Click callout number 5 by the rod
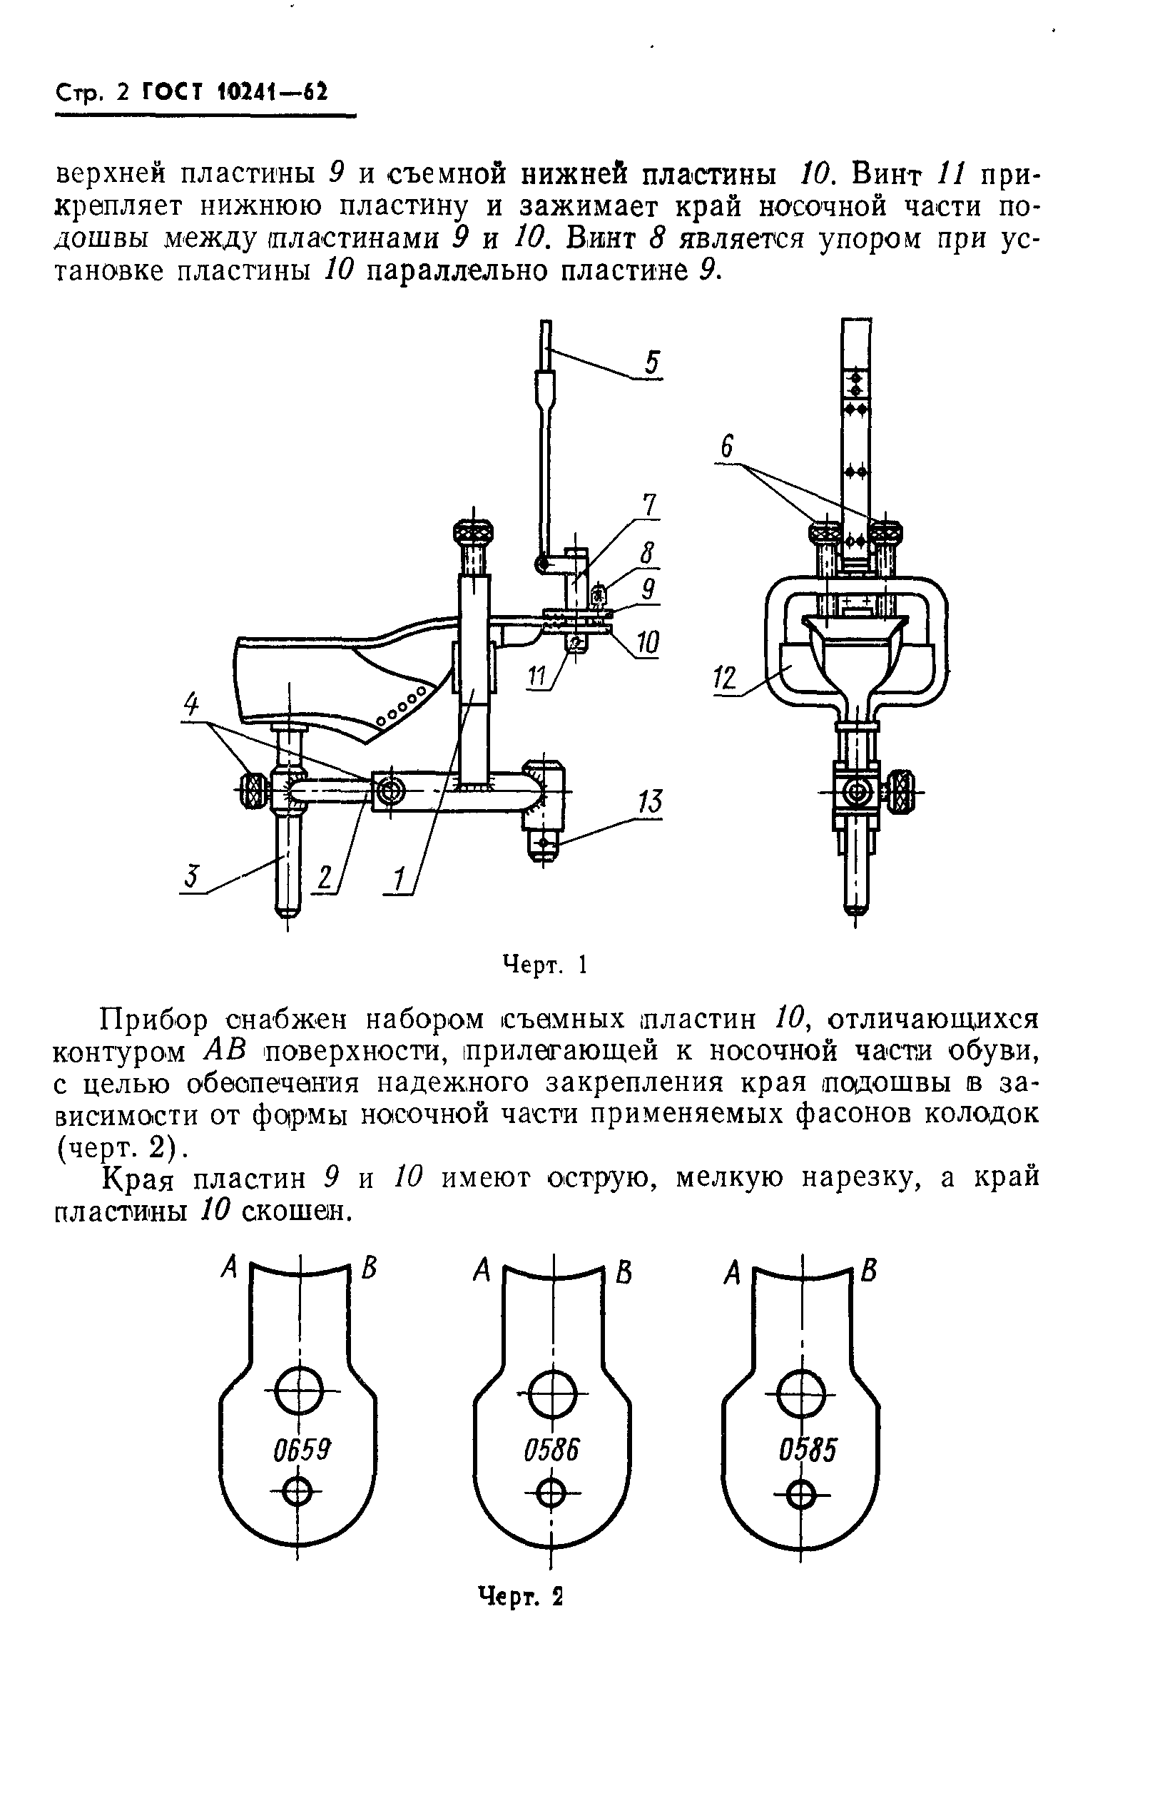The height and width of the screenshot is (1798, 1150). tap(652, 364)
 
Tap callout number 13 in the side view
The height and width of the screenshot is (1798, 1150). tap(650, 803)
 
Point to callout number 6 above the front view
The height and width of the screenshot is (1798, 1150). tap(726, 447)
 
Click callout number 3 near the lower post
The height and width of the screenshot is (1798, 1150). tap(193, 875)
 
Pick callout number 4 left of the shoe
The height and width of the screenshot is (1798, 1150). tap(192, 704)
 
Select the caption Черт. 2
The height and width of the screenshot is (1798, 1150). tap(521, 1596)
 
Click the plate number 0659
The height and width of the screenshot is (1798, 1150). tap(301, 1450)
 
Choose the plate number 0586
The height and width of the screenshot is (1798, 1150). tap(552, 1450)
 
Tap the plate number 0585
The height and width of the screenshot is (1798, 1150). tap(808, 1450)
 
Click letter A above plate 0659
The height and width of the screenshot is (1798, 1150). tap(229, 1266)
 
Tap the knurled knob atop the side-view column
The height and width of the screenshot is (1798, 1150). tap(474, 534)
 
